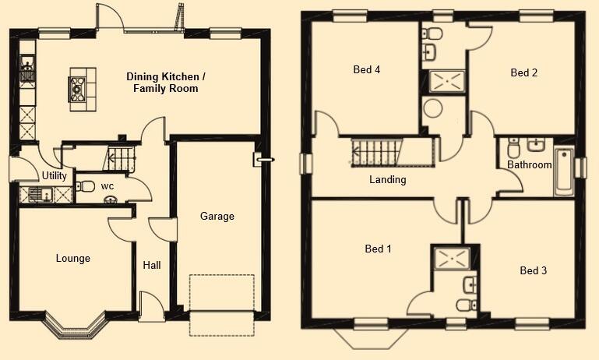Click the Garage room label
pyautogui.click(x=217, y=217)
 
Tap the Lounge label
pyautogui.click(x=73, y=259)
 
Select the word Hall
pyautogui.click(x=152, y=266)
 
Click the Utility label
pyautogui.click(x=55, y=176)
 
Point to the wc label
pyautogui.click(x=107, y=186)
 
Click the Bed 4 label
pyautogui.click(x=366, y=70)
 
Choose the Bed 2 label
pyautogui.click(x=524, y=73)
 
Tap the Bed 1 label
pyautogui.click(x=378, y=249)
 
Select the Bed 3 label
pyautogui.click(x=534, y=271)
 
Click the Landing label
pyautogui.click(x=388, y=180)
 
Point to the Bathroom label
pyautogui.click(x=530, y=165)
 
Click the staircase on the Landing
pyautogui.click(x=375, y=152)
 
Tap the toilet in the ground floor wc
pyautogui.click(x=86, y=187)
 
